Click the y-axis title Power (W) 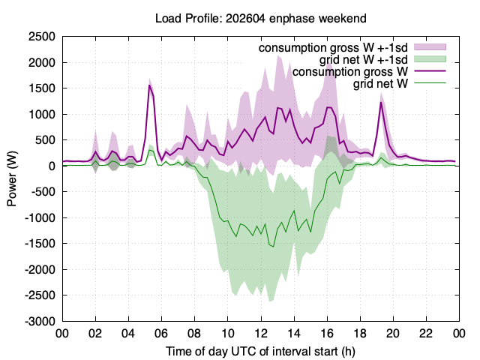coord(12,178)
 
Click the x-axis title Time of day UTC coord(226,352)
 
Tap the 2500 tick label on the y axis coord(42,37)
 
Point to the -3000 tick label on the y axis coord(40,322)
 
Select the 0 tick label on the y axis coord(52,166)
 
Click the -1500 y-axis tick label coord(40,244)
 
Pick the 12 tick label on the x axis coord(261,333)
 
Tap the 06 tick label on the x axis coord(162,333)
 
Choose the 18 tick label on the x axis coord(360,333)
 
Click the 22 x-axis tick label coord(426,333)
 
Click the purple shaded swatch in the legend coord(430,47)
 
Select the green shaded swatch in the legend coord(430,59)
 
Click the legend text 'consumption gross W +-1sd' coord(333,48)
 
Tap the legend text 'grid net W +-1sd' coord(364,60)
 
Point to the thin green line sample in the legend coord(430,83)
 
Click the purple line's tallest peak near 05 coord(149,85)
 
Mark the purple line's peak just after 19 coord(381,102)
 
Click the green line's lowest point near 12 coord(273,247)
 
